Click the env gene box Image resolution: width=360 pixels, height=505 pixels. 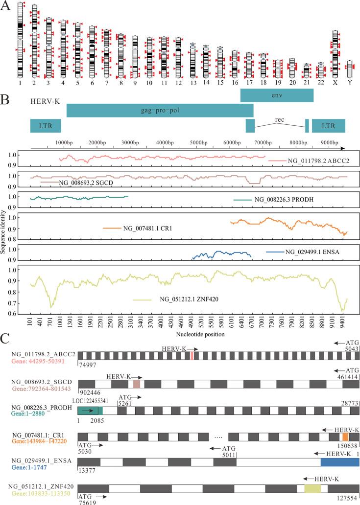(x=277, y=95)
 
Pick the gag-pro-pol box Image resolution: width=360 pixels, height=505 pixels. (x=160, y=111)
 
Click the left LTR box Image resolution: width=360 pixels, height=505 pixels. (x=46, y=126)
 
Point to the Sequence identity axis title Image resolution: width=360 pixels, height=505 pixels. (x=4, y=232)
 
